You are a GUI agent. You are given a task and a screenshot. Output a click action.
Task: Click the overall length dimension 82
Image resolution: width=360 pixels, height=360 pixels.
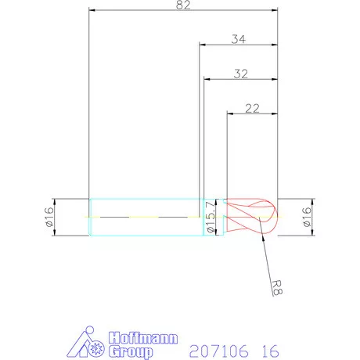coord(185,5)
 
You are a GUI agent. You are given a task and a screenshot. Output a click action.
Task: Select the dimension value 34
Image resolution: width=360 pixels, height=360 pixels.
coord(239,39)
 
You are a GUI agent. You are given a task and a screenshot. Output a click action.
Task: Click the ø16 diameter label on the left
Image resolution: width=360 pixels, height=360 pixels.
coord(49,217)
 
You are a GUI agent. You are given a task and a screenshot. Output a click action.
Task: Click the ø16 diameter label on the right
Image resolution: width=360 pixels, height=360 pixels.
coord(306,217)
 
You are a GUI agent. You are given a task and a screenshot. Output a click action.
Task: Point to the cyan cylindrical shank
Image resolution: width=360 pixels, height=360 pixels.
coord(145,217)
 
